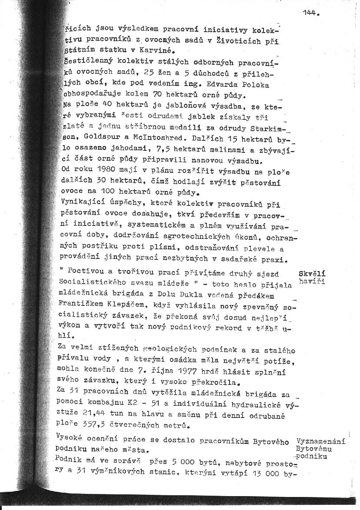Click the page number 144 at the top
point(309,13)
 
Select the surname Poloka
point(258,84)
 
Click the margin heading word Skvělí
point(313,274)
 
